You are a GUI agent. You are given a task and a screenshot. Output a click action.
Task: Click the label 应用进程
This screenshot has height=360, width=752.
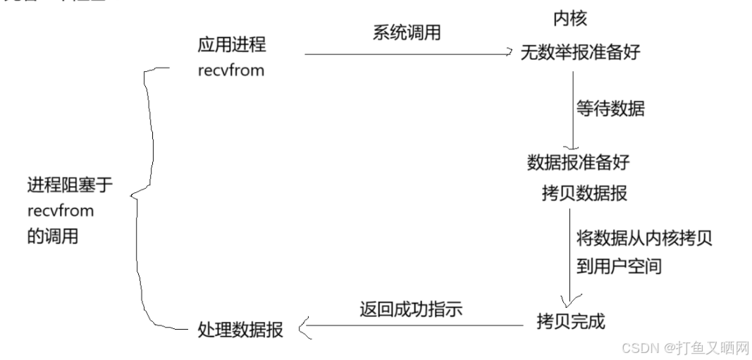[x=232, y=45]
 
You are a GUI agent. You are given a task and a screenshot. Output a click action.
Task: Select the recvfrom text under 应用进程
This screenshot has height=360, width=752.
[x=231, y=70]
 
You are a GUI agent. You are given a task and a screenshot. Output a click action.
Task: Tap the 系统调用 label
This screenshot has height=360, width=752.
[x=407, y=32]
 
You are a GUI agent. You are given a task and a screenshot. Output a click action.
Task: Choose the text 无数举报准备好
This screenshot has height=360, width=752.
[x=580, y=52]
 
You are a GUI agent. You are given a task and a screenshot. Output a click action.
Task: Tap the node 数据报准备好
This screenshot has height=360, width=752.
[x=578, y=162]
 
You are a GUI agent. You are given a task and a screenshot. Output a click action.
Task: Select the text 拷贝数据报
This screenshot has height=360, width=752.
[x=584, y=194]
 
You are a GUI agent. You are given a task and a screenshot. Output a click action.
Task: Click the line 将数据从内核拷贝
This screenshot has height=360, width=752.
[x=643, y=238]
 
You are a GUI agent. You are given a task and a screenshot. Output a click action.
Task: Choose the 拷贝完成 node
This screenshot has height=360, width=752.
[x=570, y=321]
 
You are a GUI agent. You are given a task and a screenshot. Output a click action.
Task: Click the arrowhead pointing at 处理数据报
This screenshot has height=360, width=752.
[x=304, y=328]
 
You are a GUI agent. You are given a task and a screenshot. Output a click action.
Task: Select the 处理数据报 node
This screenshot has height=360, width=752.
[x=241, y=329]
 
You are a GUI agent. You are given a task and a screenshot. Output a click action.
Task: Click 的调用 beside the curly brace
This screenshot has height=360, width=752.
[x=53, y=237]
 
